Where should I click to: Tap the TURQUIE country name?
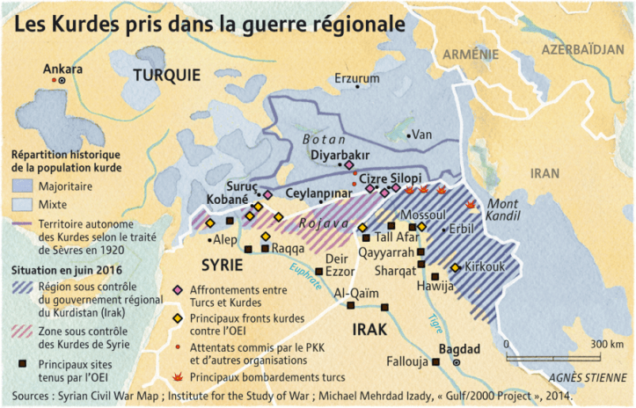pyautogui.click(x=166, y=76)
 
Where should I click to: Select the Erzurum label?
pyautogui.click(x=356, y=78)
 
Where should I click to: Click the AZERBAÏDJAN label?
pyautogui.click(x=588, y=48)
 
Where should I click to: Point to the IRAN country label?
pyautogui.click(x=545, y=173)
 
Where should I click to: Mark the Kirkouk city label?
pyautogui.click(x=485, y=266)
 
